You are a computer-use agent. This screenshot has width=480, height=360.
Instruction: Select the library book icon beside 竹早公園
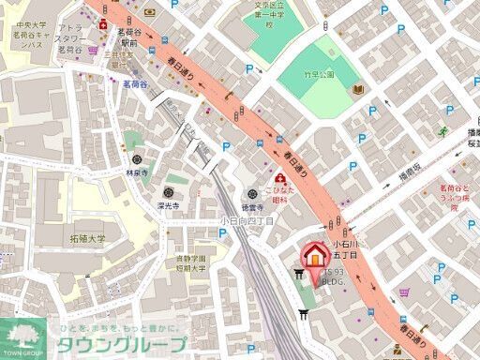[x=358, y=89]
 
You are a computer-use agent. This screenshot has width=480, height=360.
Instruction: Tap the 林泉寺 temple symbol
[x=138, y=158]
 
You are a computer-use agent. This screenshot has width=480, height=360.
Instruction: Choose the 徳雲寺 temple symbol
[x=246, y=194]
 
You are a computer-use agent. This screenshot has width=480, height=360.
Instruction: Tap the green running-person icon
[x=442, y=131]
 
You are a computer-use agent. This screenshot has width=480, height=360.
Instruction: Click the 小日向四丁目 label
[x=247, y=220]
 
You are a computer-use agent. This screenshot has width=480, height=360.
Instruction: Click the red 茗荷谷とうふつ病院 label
[x=455, y=198]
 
